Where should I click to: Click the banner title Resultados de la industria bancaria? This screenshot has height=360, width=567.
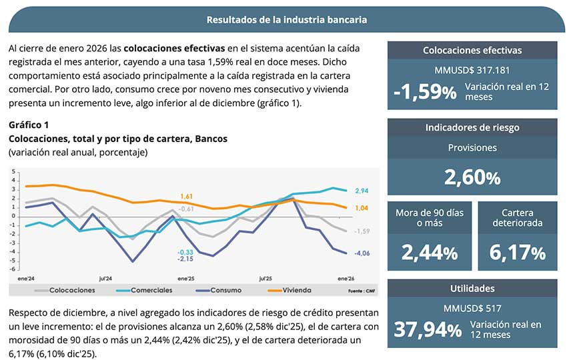click(287, 20)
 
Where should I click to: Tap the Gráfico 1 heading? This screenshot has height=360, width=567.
click(29, 125)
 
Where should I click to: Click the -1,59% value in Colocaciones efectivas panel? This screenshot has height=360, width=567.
click(425, 91)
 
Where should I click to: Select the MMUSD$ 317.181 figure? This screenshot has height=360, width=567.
click(472, 71)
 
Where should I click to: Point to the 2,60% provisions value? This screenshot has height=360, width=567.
click(472, 177)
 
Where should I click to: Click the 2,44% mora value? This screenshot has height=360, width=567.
click(429, 253)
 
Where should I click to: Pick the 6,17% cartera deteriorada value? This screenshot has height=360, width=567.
click(517, 253)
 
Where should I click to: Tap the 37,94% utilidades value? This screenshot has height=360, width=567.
click(427, 329)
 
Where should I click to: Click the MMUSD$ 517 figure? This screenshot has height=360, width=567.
click(472, 309)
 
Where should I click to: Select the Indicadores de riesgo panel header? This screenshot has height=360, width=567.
click(472, 127)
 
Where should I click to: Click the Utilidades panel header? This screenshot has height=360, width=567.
click(472, 288)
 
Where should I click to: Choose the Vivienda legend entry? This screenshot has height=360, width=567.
click(292, 290)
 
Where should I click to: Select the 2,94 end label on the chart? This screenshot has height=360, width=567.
click(362, 191)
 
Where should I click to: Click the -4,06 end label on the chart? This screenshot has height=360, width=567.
click(362, 253)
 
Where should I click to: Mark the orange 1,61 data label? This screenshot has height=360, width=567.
click(186, 197)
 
